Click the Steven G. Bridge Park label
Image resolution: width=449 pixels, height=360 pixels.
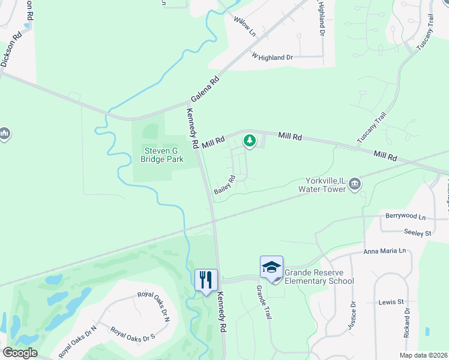(161, 154)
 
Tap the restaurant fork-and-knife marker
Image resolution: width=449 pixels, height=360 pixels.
(205, 280)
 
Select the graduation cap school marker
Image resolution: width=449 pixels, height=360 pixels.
(271, 267)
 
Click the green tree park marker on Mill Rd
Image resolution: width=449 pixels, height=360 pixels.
(249, 142)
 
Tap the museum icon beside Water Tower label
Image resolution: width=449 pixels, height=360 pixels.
(355, 184)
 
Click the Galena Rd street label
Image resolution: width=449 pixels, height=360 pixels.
(206, 89)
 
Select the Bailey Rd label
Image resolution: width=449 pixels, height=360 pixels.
(224, 184)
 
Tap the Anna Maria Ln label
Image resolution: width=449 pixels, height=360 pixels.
(385, 251)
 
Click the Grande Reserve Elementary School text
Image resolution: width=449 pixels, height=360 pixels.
(319, 277)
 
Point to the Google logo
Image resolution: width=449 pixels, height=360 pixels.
(20, 353)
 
